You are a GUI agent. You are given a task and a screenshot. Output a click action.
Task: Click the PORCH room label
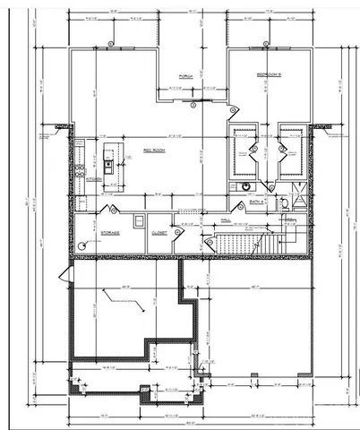point(186,75)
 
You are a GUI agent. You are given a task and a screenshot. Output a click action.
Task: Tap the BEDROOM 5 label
point(270,73)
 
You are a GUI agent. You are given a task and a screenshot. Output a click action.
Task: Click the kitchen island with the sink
point(109,158)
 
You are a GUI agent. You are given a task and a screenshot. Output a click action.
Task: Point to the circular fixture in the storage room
point(83,244)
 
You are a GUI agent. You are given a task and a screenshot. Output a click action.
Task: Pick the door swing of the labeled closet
point(179,231)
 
